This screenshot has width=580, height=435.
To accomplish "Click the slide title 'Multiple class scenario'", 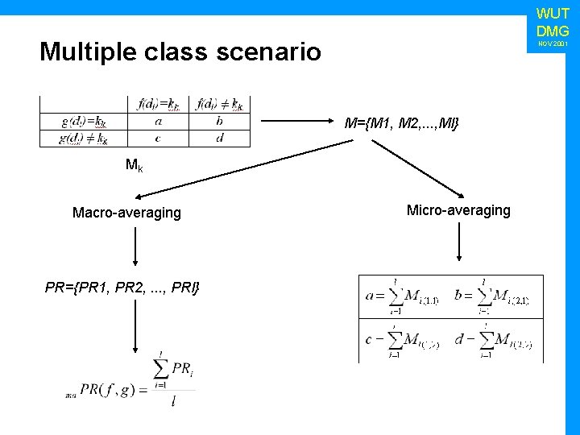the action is point(180,52).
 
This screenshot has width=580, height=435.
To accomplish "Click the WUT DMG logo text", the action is point(553,23).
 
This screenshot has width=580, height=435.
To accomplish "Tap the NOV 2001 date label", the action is point(553,43).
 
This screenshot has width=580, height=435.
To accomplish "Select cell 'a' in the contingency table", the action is point(158,122).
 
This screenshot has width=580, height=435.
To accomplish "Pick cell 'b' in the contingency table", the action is point(220,122).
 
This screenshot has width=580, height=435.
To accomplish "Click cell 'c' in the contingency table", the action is point(158,139).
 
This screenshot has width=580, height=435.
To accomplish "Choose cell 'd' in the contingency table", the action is point(220,139).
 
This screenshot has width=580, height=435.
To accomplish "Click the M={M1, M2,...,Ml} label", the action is point(401,123).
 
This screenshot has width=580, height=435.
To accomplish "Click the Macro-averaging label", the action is point(126,213).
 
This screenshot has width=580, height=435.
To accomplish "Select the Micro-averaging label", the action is point(458,210).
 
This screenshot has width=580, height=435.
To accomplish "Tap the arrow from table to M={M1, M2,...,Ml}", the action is point(297,122).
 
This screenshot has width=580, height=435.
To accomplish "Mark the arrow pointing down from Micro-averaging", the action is point(458,242).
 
